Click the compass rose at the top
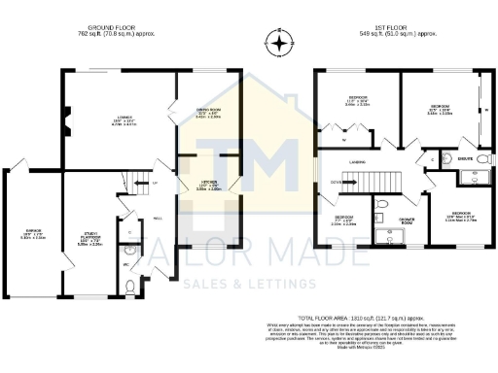[280, 43]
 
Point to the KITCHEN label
[208, 186]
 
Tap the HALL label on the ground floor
[158, 219]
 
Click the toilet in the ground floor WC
[132, 286]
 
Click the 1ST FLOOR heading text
[400, 29]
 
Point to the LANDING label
[358, 164]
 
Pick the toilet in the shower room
[382, 205]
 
